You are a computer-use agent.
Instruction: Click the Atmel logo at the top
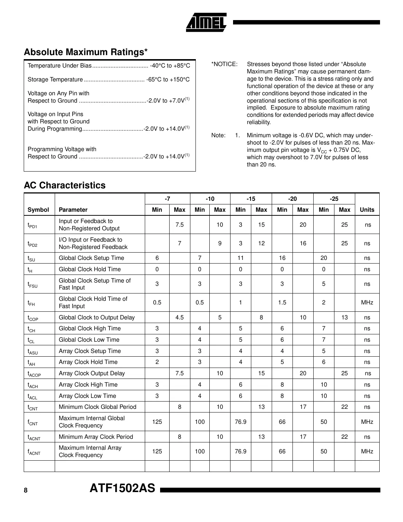coord(206,22)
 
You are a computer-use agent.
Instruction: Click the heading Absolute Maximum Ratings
coord(86,52)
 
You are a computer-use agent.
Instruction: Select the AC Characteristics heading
coord(65,185)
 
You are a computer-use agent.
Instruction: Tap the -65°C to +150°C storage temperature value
coord(168,80)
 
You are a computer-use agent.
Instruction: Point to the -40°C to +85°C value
coord(170,66)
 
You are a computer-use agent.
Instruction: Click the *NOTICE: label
coord(224,64)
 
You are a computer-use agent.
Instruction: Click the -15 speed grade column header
coord(251,199)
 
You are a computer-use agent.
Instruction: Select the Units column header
coord(367,210)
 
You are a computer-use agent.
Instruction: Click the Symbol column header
coord(38,210)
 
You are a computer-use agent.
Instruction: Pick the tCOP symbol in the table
coord(33,318)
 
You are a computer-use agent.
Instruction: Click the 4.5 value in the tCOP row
coord(179,318)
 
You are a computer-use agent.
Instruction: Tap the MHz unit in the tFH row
coord(367,303)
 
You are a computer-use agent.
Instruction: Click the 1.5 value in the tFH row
coord(282,303)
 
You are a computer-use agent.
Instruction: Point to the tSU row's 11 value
coord(241,258)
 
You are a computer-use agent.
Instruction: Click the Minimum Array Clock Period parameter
coord(96,437)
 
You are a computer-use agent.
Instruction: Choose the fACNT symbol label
coord(34,452)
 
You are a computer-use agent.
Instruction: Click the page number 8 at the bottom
coord(26,490)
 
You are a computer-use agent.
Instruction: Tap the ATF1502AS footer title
coord(123,488)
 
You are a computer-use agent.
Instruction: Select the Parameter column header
coord(73,210)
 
